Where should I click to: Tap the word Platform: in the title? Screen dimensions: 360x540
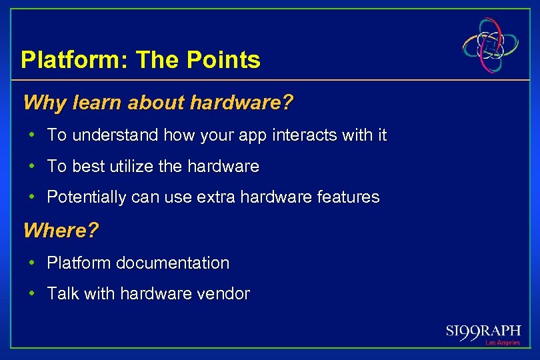75,61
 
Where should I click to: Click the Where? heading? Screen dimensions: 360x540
61,231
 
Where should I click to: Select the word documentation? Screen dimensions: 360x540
173,263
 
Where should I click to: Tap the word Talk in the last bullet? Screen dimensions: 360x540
63,294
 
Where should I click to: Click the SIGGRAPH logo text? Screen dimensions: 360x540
483,331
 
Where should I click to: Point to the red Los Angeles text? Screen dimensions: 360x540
502,343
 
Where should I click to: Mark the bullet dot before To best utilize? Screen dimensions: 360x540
32,166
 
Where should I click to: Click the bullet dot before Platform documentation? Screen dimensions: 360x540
32,263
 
